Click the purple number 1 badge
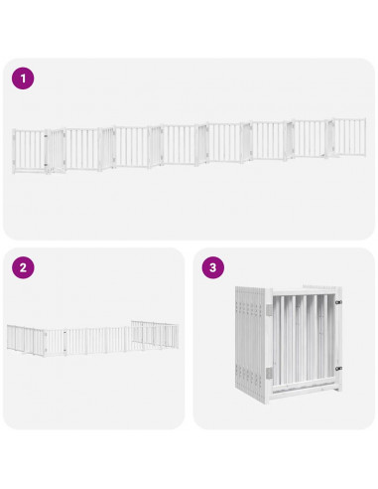[x=23, y=78]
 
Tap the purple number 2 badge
[x=23, y=267]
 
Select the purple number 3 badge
[x=212, y=267]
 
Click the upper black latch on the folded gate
[x=338, y=301]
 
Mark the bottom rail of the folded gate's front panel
[x=303, y=393]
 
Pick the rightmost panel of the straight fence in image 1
[x=348, y=139]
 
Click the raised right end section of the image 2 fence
[x=156, y=333]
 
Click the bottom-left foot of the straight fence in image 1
[x=15, y=172]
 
